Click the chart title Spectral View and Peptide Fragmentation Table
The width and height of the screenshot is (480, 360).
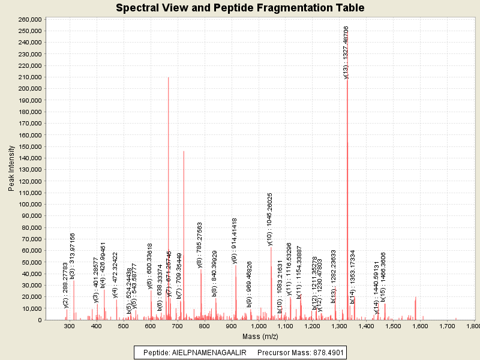(240, 8)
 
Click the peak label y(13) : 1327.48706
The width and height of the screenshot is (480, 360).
(346, 52)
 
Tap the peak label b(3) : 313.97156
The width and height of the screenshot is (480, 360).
(73, 256)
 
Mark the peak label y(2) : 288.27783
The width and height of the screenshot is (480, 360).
(65, 285)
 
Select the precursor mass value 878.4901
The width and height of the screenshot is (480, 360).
(324, 352)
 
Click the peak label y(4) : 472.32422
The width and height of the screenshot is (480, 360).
(115, 274)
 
